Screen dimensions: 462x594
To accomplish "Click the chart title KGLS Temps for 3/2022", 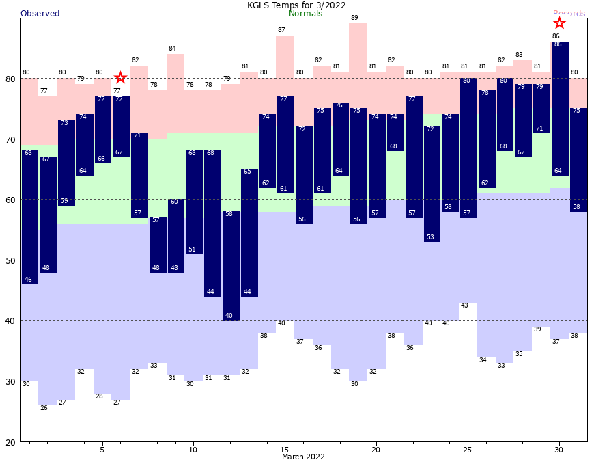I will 296,5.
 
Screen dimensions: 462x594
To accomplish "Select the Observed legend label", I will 40,13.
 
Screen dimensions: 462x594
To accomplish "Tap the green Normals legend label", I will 305,13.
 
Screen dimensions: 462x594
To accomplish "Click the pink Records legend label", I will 569,13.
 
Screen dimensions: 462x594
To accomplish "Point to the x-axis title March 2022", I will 303,457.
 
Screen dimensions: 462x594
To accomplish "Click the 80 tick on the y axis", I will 11,79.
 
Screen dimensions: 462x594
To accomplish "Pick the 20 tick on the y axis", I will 11,441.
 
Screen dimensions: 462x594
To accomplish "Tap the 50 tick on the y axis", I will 11,260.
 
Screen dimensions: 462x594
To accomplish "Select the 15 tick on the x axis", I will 284,449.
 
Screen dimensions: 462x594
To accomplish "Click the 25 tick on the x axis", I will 467,449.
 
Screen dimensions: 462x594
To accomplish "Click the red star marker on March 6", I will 120,78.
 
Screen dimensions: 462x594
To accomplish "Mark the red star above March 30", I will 560,23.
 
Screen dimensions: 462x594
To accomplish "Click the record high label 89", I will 354,18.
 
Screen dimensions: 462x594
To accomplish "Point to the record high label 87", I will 281,30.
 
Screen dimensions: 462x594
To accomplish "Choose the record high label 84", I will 172,48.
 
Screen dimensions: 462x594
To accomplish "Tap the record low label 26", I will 44,408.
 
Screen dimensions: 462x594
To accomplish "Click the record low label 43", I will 464,305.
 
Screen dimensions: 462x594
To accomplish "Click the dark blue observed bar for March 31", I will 578,160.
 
